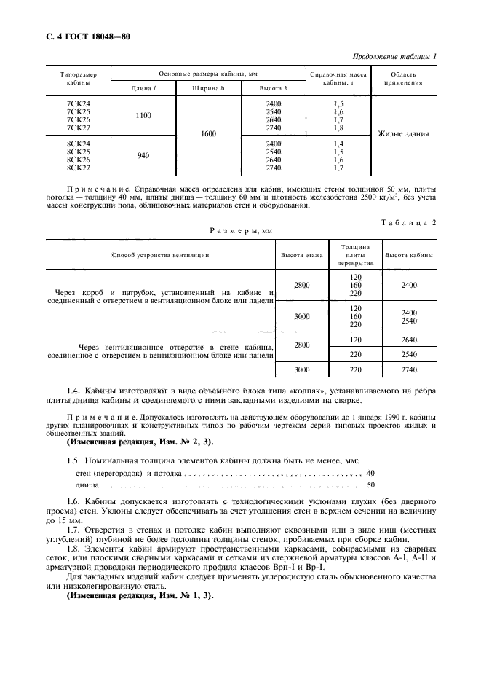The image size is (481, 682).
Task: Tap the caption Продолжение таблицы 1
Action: click(x=394, y=57)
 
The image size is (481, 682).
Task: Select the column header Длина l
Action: click(x=143, y=88)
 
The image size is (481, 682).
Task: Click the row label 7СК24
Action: click(x=78, y=103)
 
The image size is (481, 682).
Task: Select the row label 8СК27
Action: click(x=78, y=168)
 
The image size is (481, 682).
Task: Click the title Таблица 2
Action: click(x=408, y=223)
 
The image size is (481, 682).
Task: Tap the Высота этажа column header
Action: click(x=302, y=256)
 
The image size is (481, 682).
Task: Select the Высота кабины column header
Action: click(x=409, y=256)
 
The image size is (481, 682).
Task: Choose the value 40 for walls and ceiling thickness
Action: click(x=370, y=474)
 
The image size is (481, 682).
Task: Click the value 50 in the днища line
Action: click(x=370, y=485)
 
